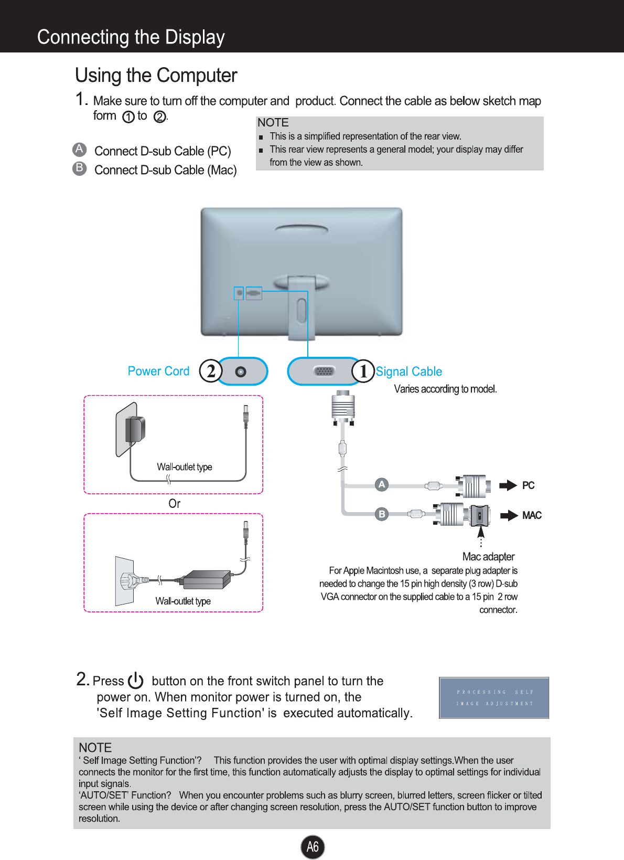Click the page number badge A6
(x=313, y=846)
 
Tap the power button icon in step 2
(x=135, y=681)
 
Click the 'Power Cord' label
(x=158, y=371)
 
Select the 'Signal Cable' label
(x=408, y=371)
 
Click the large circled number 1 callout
(x=363, y=371)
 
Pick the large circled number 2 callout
(x=211, y=371)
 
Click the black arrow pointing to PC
(x=508, y=485)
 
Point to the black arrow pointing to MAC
(x=509, y=515)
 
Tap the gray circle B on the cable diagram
(x=382, y=514)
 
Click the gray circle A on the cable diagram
(x=382, y=484)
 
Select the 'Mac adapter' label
(x=488, y=557)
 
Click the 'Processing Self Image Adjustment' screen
(x=494, y=697)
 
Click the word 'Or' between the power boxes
(x=174, y=504)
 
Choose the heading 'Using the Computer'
(x=156, y=76)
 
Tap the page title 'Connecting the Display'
(x=131, y=37)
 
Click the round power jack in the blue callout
(x=241, y=371)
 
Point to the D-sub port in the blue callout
(x=324, y=371)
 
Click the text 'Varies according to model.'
(x=445, y=389)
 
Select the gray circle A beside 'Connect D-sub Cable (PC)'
(x=79, y=150)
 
